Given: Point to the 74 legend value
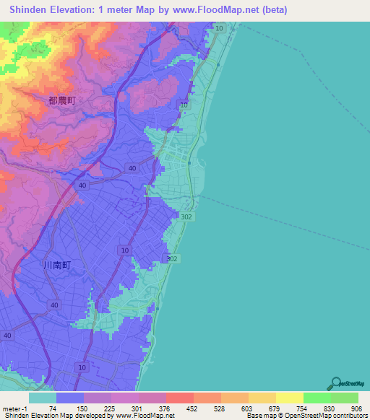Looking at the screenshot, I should (x=53, y=408).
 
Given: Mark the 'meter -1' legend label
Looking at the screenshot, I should (x=14, y=408).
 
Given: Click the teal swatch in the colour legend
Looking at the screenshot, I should (x=43, y=398).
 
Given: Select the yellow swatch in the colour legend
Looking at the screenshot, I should (x=290, y=398).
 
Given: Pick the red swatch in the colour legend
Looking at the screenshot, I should (x=180, y=398).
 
